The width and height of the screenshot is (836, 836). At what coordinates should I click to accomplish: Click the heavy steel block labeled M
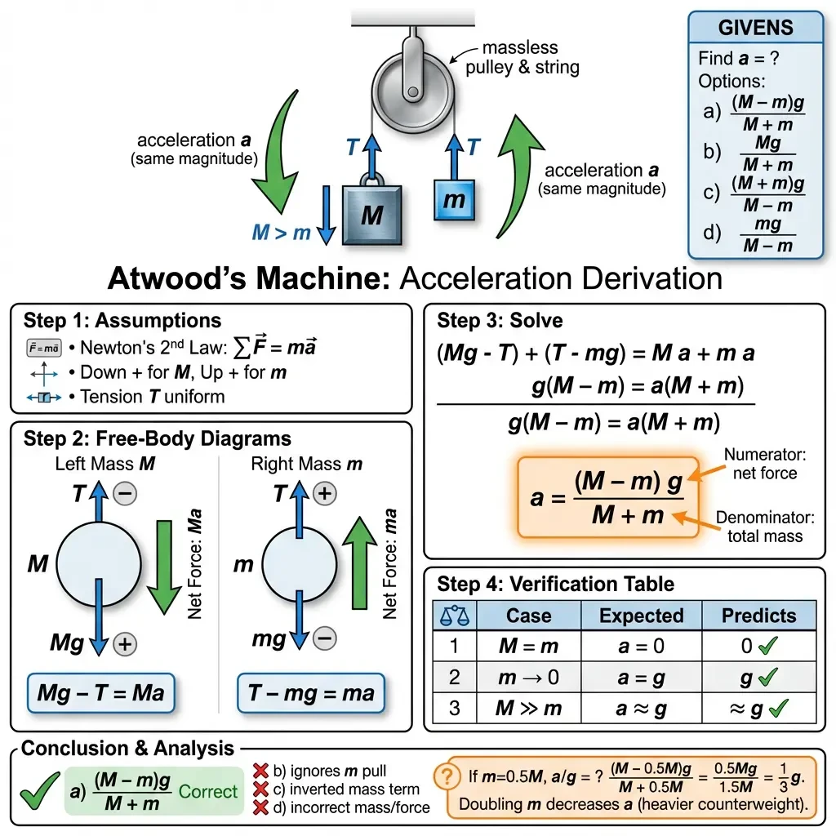tap(371, 215)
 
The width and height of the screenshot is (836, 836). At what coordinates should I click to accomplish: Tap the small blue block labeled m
tap(454, 200)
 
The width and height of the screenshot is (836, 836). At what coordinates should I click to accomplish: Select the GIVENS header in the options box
tap(755, 28)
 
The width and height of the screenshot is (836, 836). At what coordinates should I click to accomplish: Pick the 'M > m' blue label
tap(281, 233)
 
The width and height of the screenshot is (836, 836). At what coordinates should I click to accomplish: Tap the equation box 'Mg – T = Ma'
tap(100, 693)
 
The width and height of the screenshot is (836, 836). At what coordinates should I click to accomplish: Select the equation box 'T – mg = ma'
tap(311, 693)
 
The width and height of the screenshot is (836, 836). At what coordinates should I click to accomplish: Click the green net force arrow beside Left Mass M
tap(164, 567)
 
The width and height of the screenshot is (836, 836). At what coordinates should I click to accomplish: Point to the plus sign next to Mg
tap(125, 644)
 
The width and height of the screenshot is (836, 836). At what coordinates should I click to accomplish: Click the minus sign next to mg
tap(325, 638)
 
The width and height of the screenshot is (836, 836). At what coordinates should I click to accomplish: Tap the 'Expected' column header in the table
tap(642, 616)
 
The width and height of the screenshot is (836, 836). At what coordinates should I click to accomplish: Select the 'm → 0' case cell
tap(528, 678)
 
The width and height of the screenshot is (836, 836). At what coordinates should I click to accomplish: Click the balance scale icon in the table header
tap(455, 616)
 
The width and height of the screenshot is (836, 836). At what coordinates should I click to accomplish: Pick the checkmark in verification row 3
tap(779, 708)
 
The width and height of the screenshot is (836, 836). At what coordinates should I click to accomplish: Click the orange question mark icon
tap(447, 777)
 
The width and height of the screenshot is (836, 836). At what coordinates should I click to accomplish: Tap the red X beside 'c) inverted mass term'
tap(260, 789)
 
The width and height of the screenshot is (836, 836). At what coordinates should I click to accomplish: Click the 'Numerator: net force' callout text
tap(764, 464)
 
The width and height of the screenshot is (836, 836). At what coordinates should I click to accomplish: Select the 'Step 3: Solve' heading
tap(500, 320)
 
